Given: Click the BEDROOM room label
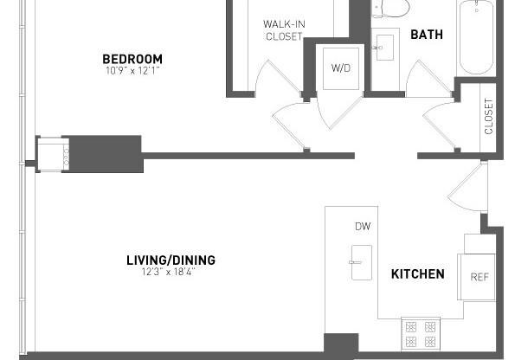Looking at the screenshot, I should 132,59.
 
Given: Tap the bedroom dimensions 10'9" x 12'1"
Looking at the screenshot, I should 132,71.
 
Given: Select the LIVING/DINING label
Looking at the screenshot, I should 171,260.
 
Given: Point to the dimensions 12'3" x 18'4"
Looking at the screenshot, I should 171,272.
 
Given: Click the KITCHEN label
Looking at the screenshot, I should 418,274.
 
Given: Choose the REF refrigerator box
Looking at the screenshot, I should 479,277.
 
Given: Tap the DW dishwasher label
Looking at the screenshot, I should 362,227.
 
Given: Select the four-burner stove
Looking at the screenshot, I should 422,334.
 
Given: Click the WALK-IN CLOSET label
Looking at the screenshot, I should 283,29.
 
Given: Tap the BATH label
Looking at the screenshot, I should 426,35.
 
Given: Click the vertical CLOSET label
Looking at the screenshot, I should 489,116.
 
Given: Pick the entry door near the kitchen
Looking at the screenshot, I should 472,189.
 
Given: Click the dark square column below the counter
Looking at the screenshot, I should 341,344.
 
